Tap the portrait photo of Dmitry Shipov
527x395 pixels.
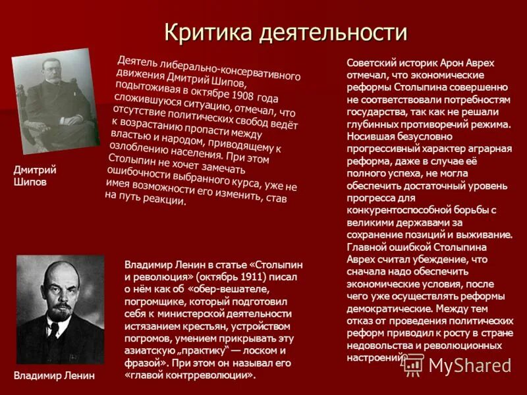click(55, 101)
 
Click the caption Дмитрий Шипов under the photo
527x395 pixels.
click(35, 176)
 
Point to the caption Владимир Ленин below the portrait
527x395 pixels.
click(54, 376)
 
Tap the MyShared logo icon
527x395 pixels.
click(413, 364)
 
